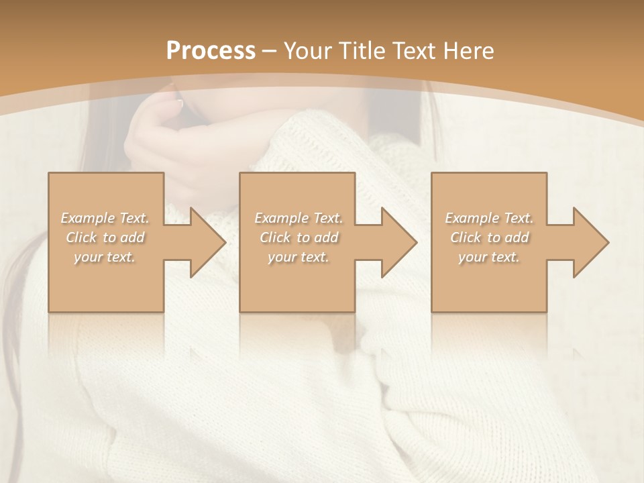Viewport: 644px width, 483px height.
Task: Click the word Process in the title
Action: click(x=211, y=51)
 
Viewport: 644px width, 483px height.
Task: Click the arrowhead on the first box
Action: click(x=207, y=242)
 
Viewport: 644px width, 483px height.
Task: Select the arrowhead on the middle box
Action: click(x=398, y=242)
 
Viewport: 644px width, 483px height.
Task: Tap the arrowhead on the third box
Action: click(x=590, y=242)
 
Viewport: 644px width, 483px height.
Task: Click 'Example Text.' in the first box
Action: click(x=105, y=218)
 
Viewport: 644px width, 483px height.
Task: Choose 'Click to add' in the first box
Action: click(x=105, y=237)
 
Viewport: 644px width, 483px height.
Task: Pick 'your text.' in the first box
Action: click(x=105, y=257)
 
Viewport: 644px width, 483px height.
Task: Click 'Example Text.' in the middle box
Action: click(x=299, y=218)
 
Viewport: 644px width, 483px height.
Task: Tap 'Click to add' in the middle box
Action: click(x=299, y=237)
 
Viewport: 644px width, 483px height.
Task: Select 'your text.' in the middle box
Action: click(x=299, y=257)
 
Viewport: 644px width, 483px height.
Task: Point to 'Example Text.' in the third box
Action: click(x=489, y=218)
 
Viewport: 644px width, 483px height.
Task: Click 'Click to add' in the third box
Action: click(x=489, y=237)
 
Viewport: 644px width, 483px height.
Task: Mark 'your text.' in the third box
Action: click(x=489, y=257)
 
